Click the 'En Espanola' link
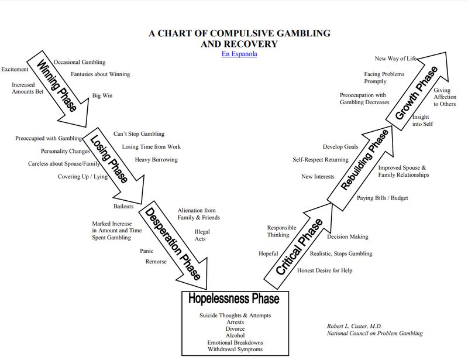(x=239, y=54)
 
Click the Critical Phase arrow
(x=300, y=246)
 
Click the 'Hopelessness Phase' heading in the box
(x=234, y=299)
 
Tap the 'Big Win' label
(x=102, y=95)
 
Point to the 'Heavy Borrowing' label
(x=156, y=160)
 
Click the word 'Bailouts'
(x=123, y=206)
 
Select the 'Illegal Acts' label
(x=202, y=235)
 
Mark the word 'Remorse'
(x=156, y=262)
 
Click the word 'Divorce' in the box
(x=235, y=329)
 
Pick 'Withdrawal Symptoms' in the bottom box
(x=235, y=349)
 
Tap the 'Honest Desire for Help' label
(x=325, y=270)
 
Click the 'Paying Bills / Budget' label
(x=383, y=198)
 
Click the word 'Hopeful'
(x=269, y=253)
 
